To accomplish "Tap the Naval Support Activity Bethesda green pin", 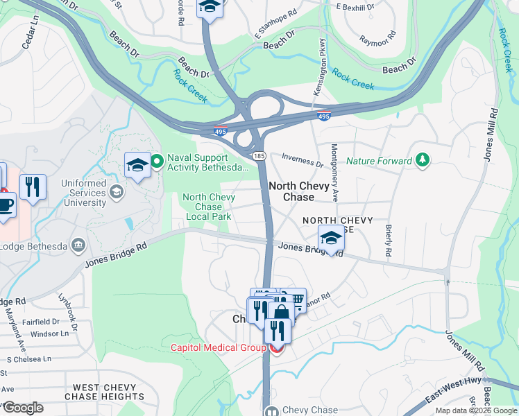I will click(157, 162).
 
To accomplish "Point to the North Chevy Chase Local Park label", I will click(208, 207).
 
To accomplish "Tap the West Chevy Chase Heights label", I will click(104, 392).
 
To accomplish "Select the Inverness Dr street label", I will click(301, 165).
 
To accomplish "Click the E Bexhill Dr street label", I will click(355, 6).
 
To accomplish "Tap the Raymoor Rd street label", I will click(378, 37).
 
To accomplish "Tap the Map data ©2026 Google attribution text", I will click(475, 410).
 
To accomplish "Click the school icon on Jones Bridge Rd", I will click(332, 239).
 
